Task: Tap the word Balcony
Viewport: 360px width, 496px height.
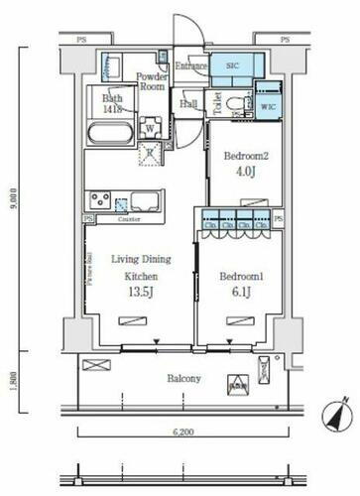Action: [183, 378]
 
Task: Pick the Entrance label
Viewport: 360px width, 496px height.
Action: [190, 66]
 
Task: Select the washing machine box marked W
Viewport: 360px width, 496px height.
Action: [148, 126]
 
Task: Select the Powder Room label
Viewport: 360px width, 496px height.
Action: [151, 81]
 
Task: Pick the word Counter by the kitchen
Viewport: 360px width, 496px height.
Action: [129, 218]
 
